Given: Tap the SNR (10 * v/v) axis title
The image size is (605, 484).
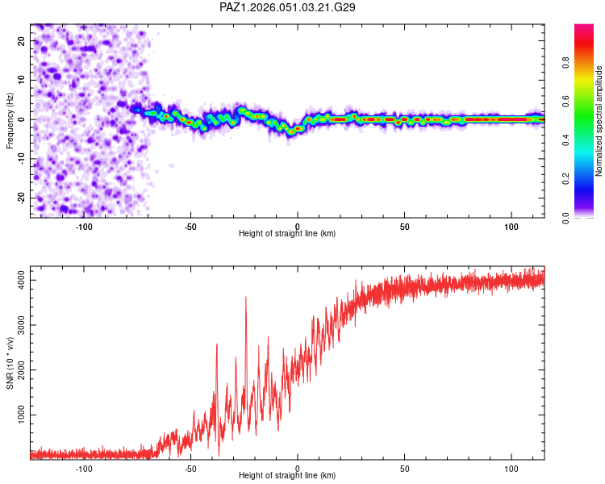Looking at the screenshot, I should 10,365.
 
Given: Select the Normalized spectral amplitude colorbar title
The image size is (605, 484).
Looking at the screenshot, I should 599,121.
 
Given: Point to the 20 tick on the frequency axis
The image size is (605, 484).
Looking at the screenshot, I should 21,40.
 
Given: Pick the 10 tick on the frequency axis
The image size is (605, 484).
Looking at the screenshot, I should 21,80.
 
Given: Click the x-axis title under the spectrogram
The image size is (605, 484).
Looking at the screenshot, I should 287,233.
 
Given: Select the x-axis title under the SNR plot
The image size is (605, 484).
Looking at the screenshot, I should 287,475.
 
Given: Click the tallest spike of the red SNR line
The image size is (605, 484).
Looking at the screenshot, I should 245,298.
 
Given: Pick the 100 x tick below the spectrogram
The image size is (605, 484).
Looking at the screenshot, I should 511,226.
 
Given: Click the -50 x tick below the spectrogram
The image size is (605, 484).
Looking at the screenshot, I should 190,226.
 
